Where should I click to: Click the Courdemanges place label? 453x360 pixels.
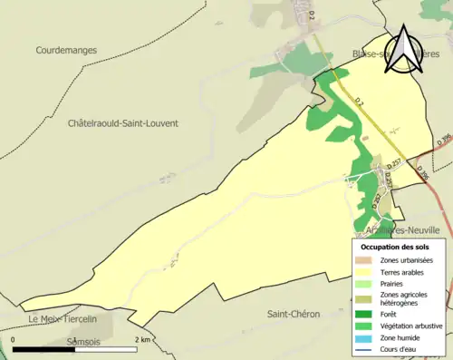66,51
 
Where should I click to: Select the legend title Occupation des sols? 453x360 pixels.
395,246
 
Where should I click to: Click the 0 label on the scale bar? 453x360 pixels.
14,339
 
